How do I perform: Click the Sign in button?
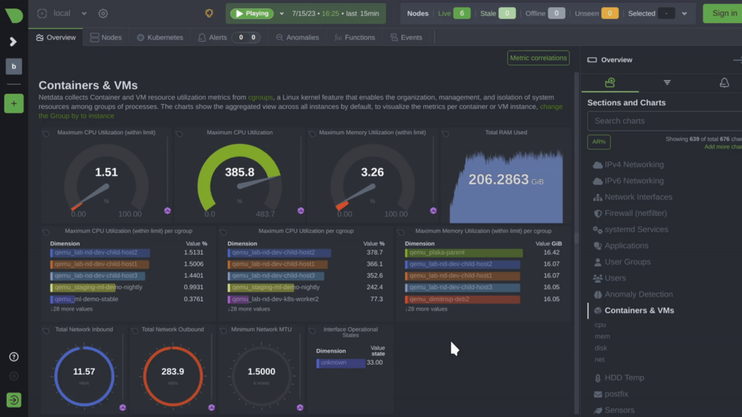tap(723, 13)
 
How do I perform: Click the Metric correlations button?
tap(538, 58)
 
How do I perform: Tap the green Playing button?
tap(251, 13)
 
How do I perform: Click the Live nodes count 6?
tap(462, 13)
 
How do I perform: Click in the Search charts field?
tap(663, 121)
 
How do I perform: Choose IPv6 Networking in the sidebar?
tap(633, 181)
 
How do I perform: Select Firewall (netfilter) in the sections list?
tap(635, 214)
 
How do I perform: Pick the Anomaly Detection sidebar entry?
tap(638, 295)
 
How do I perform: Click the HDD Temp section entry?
tap(624, 378)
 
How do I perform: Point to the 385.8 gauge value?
tap(240, 172)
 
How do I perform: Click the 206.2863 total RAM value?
tap(499, 180)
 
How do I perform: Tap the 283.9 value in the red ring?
tap(172, 371)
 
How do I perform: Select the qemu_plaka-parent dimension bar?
tap(464, 253)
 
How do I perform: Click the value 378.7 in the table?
tap(375, 253)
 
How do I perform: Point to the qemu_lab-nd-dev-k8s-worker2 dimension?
tap(275, 298)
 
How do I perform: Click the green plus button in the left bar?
tap(13, 104)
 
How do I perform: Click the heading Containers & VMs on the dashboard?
tap(88, 85)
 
